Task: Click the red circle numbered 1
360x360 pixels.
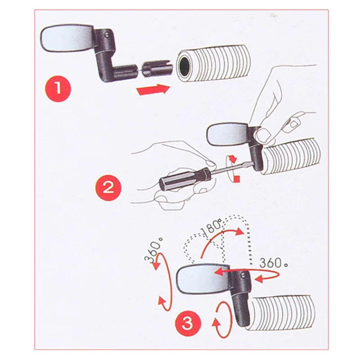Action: click(x=58, y=88)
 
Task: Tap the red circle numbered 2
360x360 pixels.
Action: click(x=108, y=188)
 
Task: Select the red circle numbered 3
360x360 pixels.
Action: click(x=188, y=324)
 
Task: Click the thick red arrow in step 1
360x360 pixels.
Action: click(x=153, y=89)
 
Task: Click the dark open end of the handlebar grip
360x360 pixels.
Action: click(x=185, y=66)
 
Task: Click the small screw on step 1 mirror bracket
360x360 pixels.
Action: click(x=106, y=35)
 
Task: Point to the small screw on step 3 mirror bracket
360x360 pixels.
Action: click(x=243, y=274)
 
